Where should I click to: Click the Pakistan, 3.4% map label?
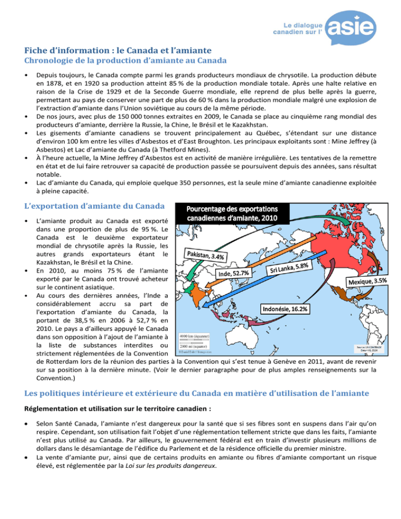tap(205, 256)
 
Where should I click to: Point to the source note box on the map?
tap(370, 347)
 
